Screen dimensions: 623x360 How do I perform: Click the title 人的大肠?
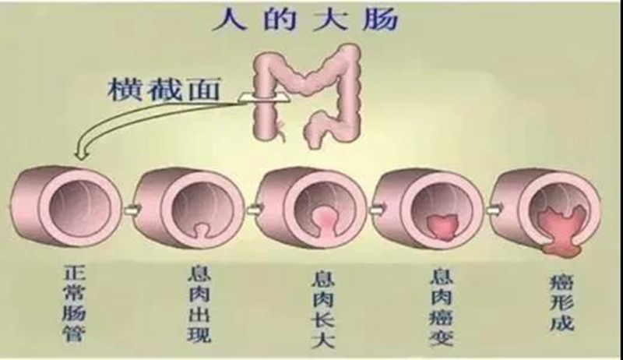click(305, 19)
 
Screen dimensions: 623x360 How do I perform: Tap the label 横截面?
click(164, 90)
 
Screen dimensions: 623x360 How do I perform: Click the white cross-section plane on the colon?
click(264, 98)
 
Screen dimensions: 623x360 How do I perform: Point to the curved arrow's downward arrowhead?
click(81, 153)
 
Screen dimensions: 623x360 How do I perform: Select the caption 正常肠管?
click(74, 304)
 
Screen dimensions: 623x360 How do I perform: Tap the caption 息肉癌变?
click(442, 307)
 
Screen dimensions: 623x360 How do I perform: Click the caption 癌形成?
click(561, 302)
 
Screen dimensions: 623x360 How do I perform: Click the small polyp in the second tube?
click(202, 230)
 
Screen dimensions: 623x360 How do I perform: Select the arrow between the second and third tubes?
click(254, 209)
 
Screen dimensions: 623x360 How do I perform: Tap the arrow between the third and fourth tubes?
click(375, 209)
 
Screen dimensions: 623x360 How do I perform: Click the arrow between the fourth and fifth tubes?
click(494, 210)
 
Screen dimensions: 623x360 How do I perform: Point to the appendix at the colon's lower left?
click(281, 130)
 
